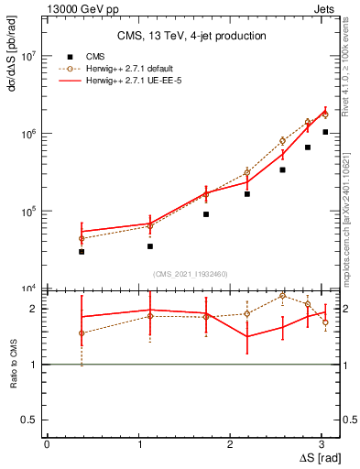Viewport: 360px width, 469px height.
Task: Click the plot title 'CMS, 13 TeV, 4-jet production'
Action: (x=191, y=36)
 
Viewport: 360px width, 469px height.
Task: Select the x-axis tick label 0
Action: (x=47, y=444)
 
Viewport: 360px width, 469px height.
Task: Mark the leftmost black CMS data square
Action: (x=82, y=251)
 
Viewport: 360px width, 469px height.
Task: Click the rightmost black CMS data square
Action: (x=325, y=132)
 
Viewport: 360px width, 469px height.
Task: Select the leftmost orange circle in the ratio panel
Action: (x=82, y=333)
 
